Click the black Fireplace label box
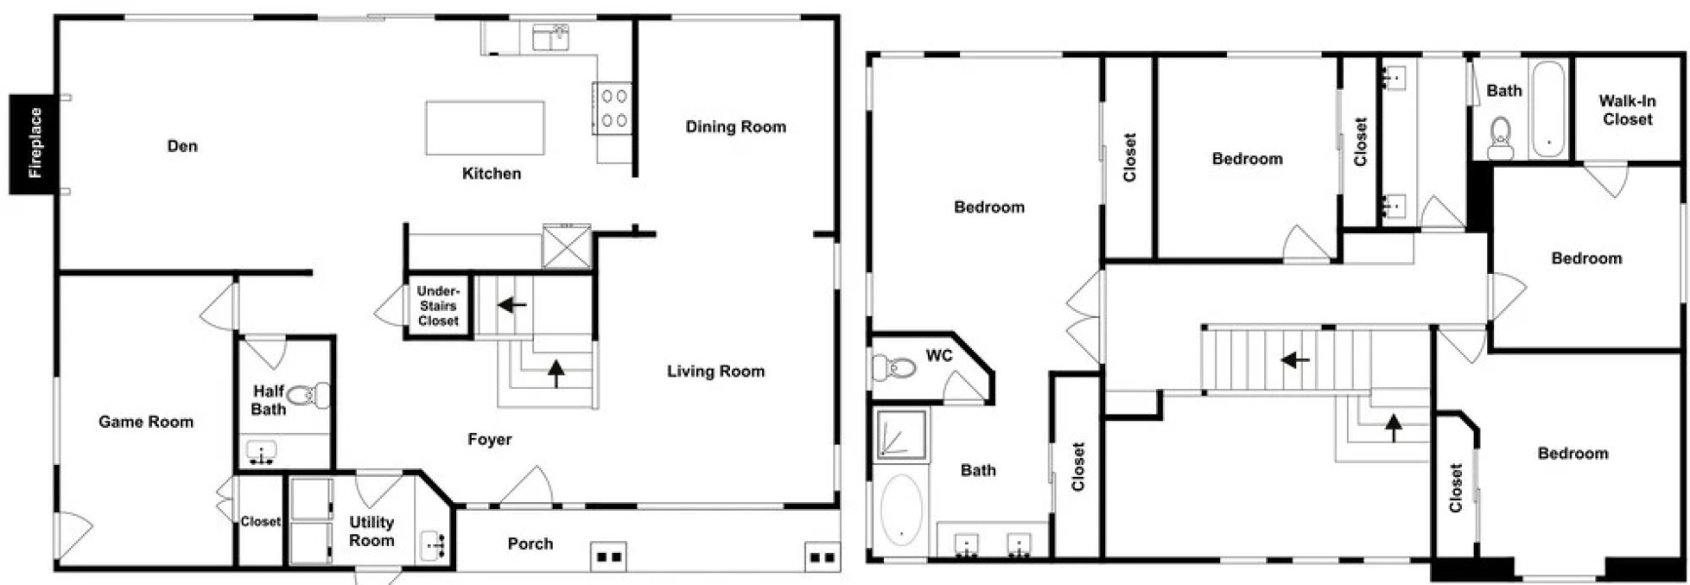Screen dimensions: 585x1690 pyautogui.click(x=35, y=143)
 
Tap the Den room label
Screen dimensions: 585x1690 pyautogui.click(x=182, y=146)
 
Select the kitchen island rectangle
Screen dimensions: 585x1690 pyautogui.click(x=484, y=128)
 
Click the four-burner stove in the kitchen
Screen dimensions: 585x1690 pyautogui.click(x=613, y=108)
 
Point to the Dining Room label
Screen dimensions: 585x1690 pyautogui.click(x=735, y=127)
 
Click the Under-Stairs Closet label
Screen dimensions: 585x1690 pyautogui.click(x=438, y=306)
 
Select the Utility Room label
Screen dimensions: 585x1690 pyautogui.click(x=371, y=531)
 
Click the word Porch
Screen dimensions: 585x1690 pyautogui.click(x=530, y=544)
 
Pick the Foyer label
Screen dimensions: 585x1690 pyautogui.click(x=489, y=440)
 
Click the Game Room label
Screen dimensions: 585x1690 pyautogui.click(x=146, y=422)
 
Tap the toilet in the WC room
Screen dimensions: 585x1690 pyautogui.click(x=893, y=369)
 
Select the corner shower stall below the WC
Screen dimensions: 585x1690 pyautogui.click(x=902, y=434)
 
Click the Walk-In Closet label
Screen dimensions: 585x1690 pyautogui.click(x=1627, y=110)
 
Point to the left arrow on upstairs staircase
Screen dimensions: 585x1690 pyautogui.click(x=1295, y=360)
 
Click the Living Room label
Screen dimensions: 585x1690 pyautogui.click(x=715, y=371)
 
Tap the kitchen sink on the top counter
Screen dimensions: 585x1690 pyautogui.click(x=551, y=39)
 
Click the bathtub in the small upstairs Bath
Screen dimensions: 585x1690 pyautogui.click(x=1548, y=109)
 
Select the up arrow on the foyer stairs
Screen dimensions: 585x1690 pyautogui.click(x=557, y=372)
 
